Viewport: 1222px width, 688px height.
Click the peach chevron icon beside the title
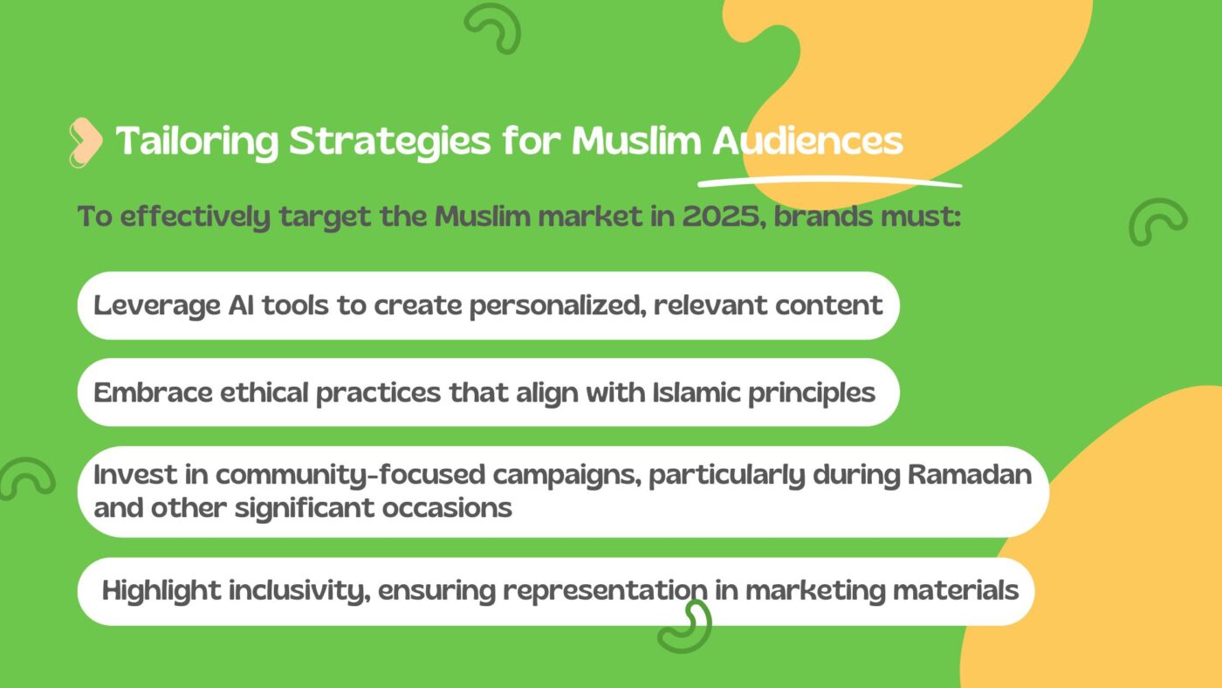point(86,141)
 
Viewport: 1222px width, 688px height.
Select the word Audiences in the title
point(807,141)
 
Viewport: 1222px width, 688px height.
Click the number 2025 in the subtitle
point(721,217)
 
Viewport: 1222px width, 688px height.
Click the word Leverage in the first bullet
point(156,306)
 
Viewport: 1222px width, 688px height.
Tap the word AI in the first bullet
point(241,305)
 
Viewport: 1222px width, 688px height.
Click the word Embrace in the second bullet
point(153,392)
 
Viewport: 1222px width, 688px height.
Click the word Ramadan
point(970,475)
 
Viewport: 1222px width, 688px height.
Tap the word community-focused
point(350,475)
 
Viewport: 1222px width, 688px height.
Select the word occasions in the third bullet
point(447,508)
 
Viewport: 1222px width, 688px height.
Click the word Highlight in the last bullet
point(161,591)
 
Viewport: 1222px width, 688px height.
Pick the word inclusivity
point(299,591)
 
